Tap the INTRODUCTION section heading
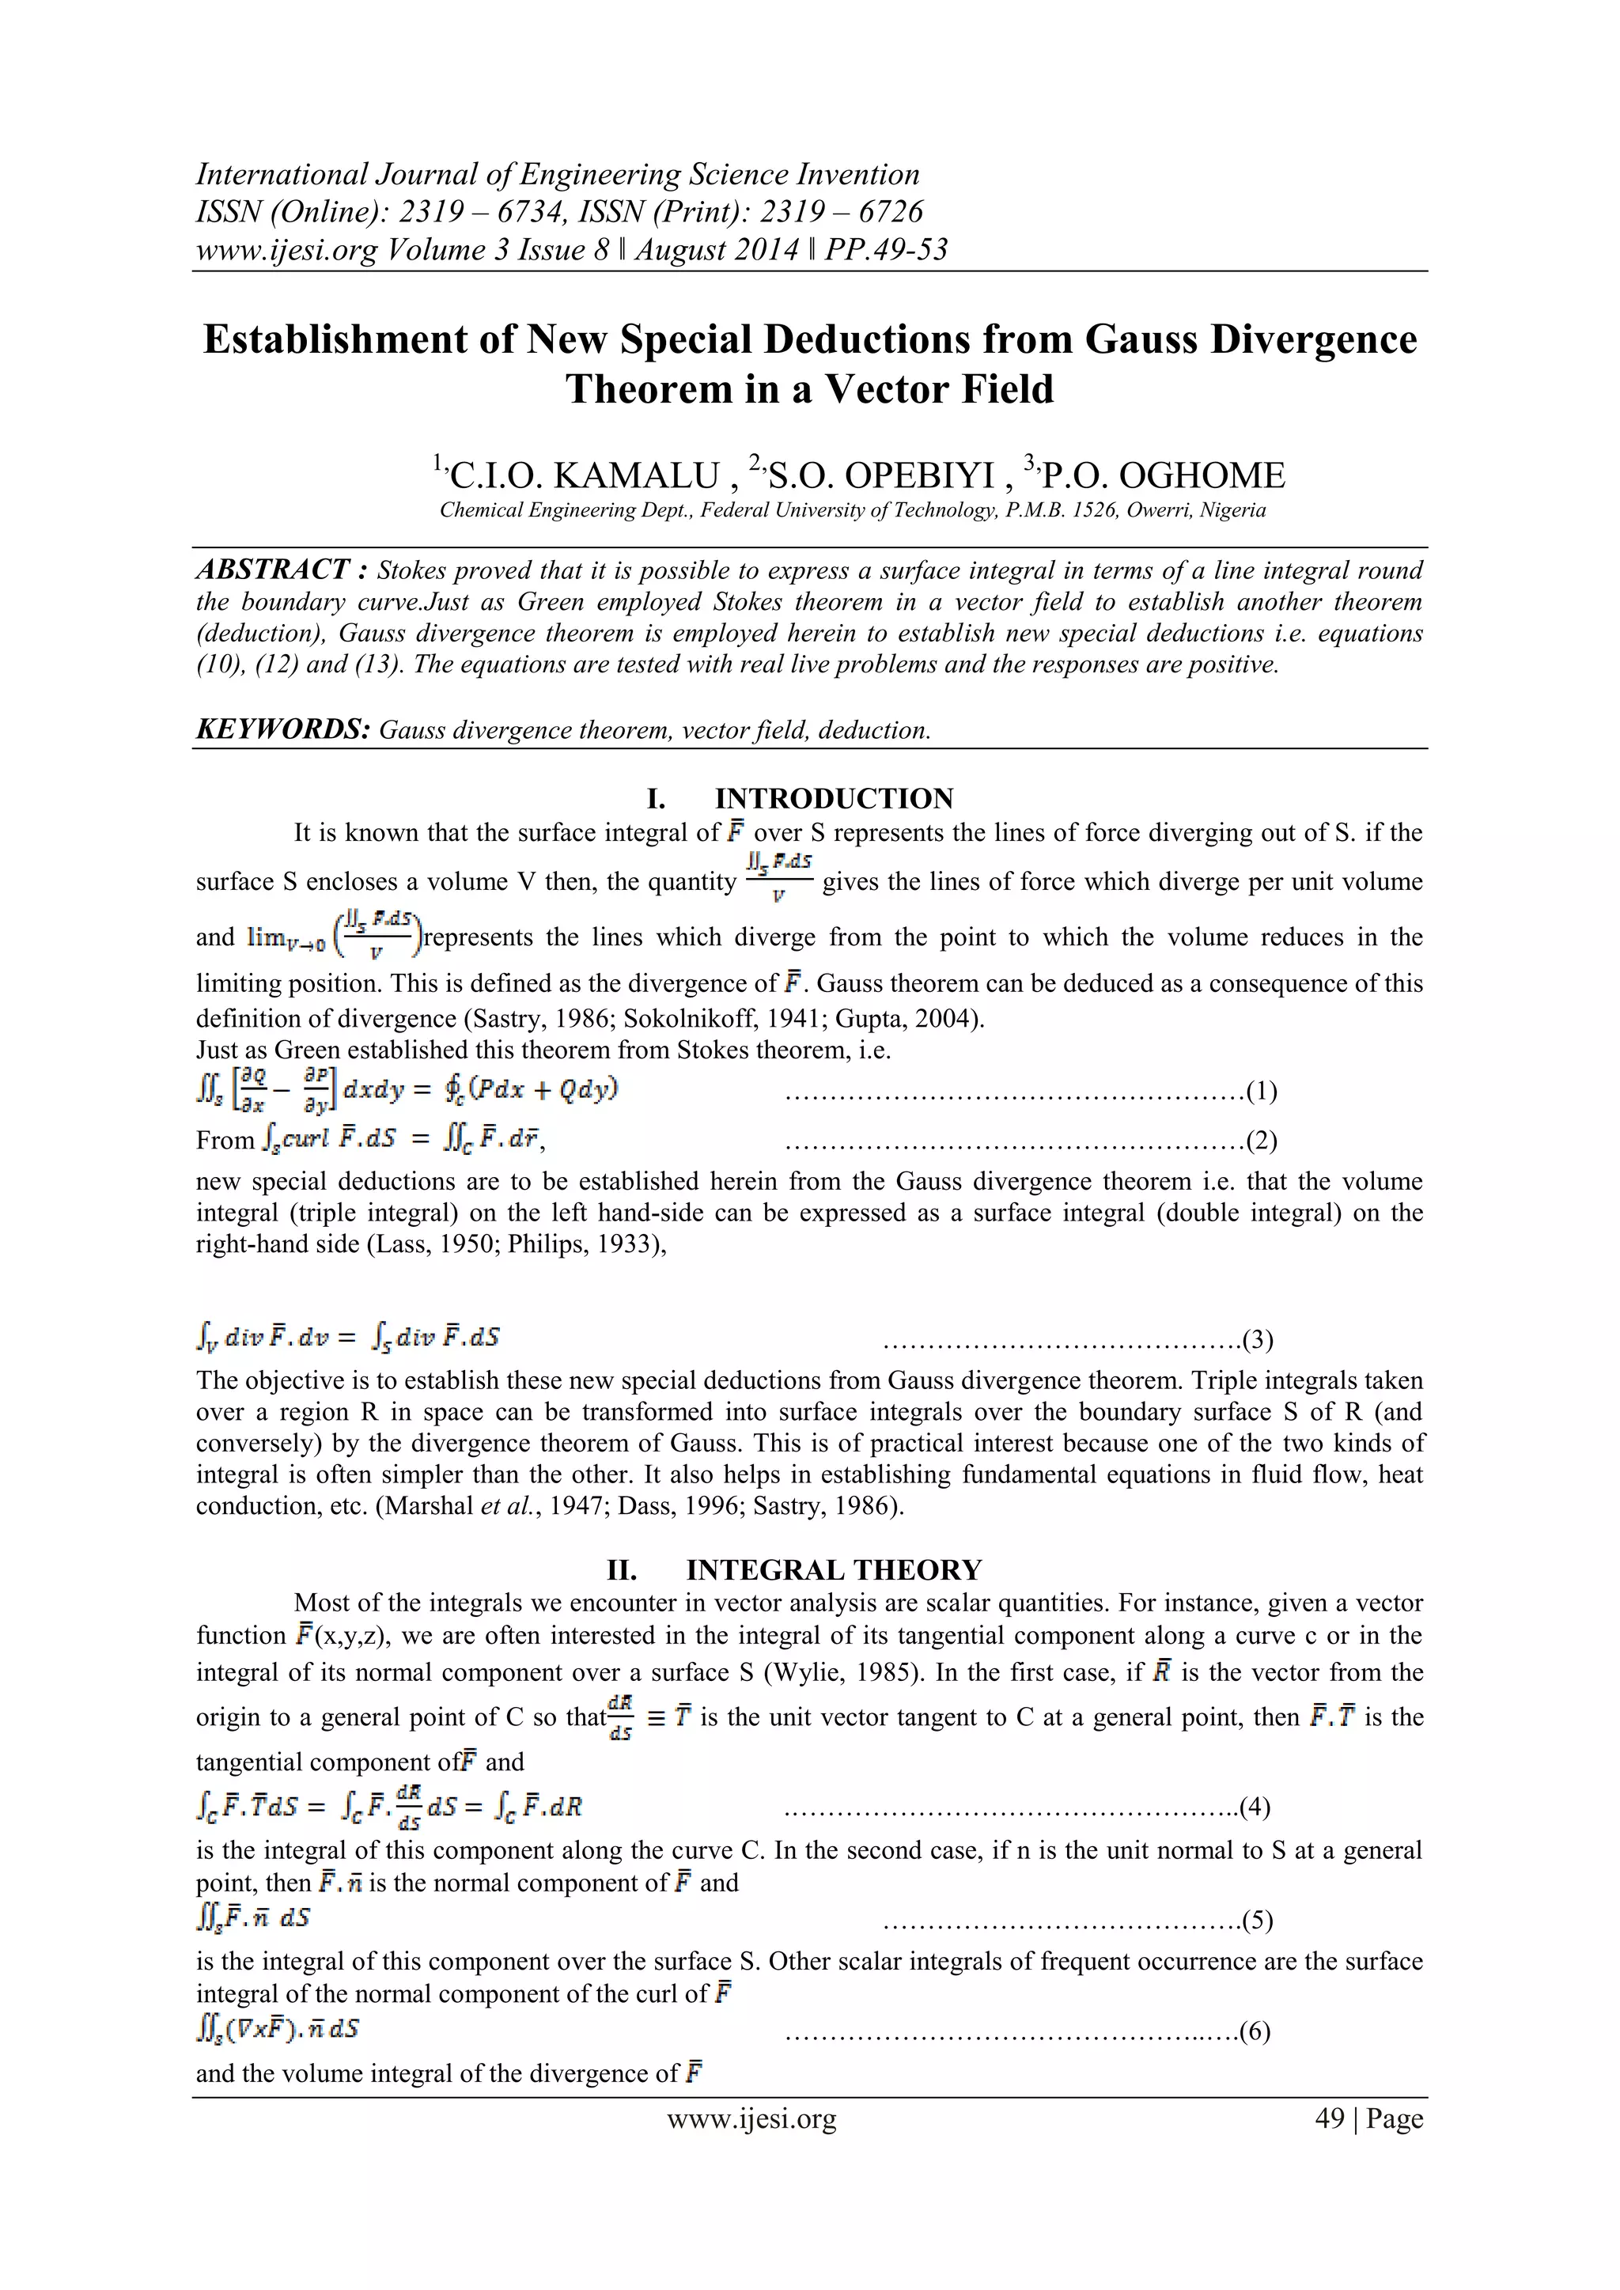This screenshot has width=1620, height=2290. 833,799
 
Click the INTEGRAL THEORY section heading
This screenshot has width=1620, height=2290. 833,1570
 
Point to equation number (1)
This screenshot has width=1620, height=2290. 1260,1090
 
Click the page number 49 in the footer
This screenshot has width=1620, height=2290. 1330,2118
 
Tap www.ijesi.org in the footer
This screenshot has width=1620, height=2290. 751,2118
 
